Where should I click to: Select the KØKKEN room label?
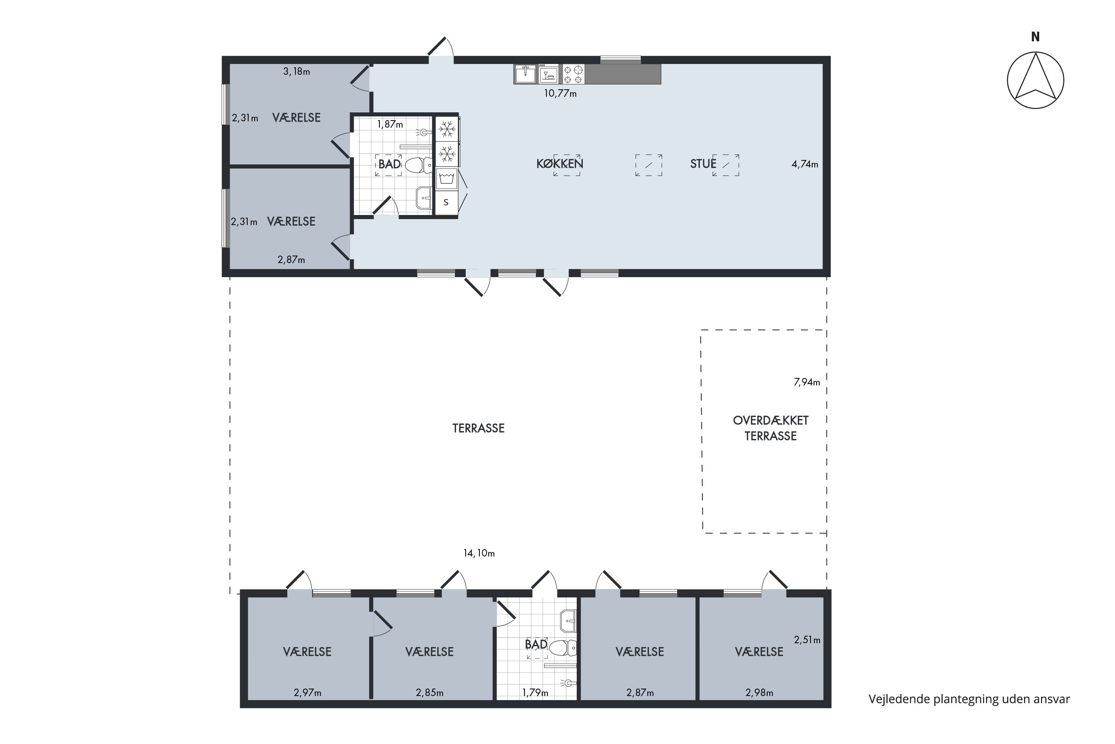click(x=559, y=164)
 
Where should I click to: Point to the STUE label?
click(x=703, y=164)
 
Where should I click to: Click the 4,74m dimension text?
click(x=805, y=164)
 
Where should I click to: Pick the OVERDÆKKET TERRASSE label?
click(x=770, y=428)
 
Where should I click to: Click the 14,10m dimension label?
click(x=479, y=553)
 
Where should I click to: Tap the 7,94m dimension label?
click(x=807, y=382)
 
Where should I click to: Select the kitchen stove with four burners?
click(x=573, y=74)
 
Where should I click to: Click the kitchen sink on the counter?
click(x=525, y=74)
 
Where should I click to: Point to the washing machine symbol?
click(x=447, y=179)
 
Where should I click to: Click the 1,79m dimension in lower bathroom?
click(x=535, y=693)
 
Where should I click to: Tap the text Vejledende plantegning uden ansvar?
click(x=969, y=699)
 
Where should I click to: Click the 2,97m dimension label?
click(x=307, y=693)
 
